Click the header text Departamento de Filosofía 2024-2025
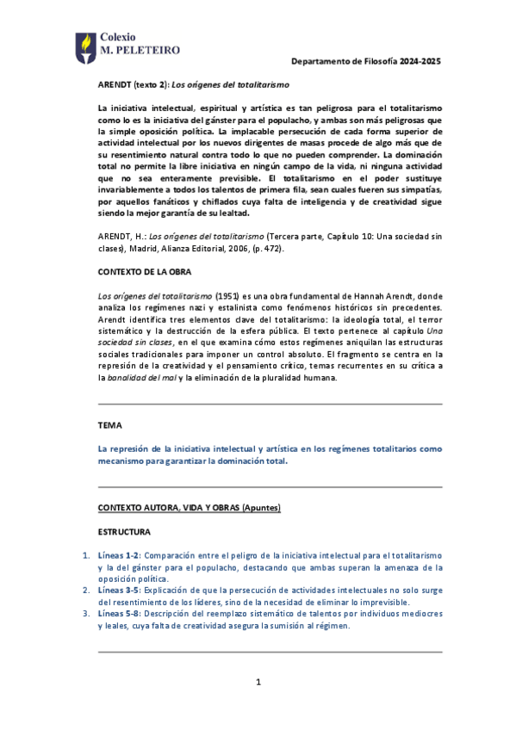tap(366, 62)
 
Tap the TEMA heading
tap(110, 425)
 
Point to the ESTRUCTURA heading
tap(125, 532)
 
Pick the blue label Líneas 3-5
tap(120, 591)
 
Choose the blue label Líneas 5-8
tap(120, 614)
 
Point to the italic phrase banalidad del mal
tap(140, 377)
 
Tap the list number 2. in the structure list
tap(85, 591)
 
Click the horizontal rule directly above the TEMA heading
tap(270, 405)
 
